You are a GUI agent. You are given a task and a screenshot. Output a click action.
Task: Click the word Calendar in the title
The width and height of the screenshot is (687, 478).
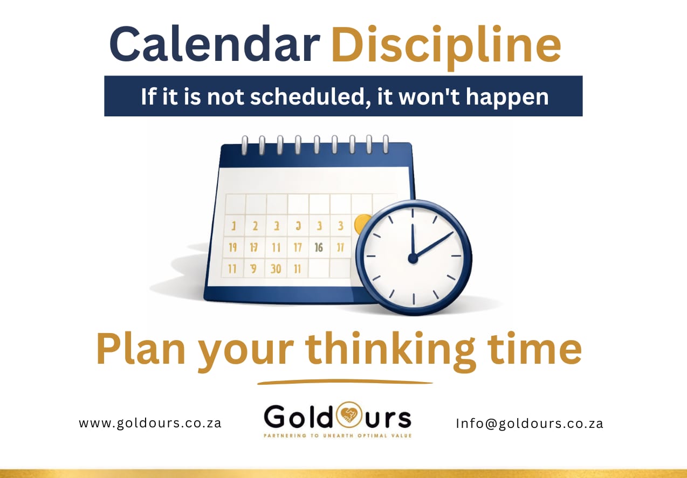tap(215, 45)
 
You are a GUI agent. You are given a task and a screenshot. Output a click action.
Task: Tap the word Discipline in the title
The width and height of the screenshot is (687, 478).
tap(445, 45)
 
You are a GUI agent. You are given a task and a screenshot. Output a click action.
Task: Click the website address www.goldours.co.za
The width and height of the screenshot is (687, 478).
tap(150, 423)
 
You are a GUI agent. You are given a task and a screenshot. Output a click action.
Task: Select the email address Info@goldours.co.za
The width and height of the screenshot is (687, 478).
tap(529, 423)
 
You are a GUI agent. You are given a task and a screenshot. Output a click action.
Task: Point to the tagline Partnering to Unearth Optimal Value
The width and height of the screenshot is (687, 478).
tap(337, 434)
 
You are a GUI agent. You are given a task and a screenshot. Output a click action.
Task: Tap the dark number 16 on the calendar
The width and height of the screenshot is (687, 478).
tap(319, 247)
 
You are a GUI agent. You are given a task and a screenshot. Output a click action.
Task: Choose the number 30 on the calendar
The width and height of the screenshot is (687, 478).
tap(276, 268)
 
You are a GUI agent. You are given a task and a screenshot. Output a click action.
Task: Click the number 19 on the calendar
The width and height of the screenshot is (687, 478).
tap(233, 248)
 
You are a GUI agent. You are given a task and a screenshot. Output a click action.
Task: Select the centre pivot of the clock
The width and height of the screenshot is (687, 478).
tap(413, 259)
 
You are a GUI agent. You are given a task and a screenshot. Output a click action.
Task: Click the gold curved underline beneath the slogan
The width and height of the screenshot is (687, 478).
tap(345, 382)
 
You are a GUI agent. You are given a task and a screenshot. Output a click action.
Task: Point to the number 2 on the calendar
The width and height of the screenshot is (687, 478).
tap(255, 226)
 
